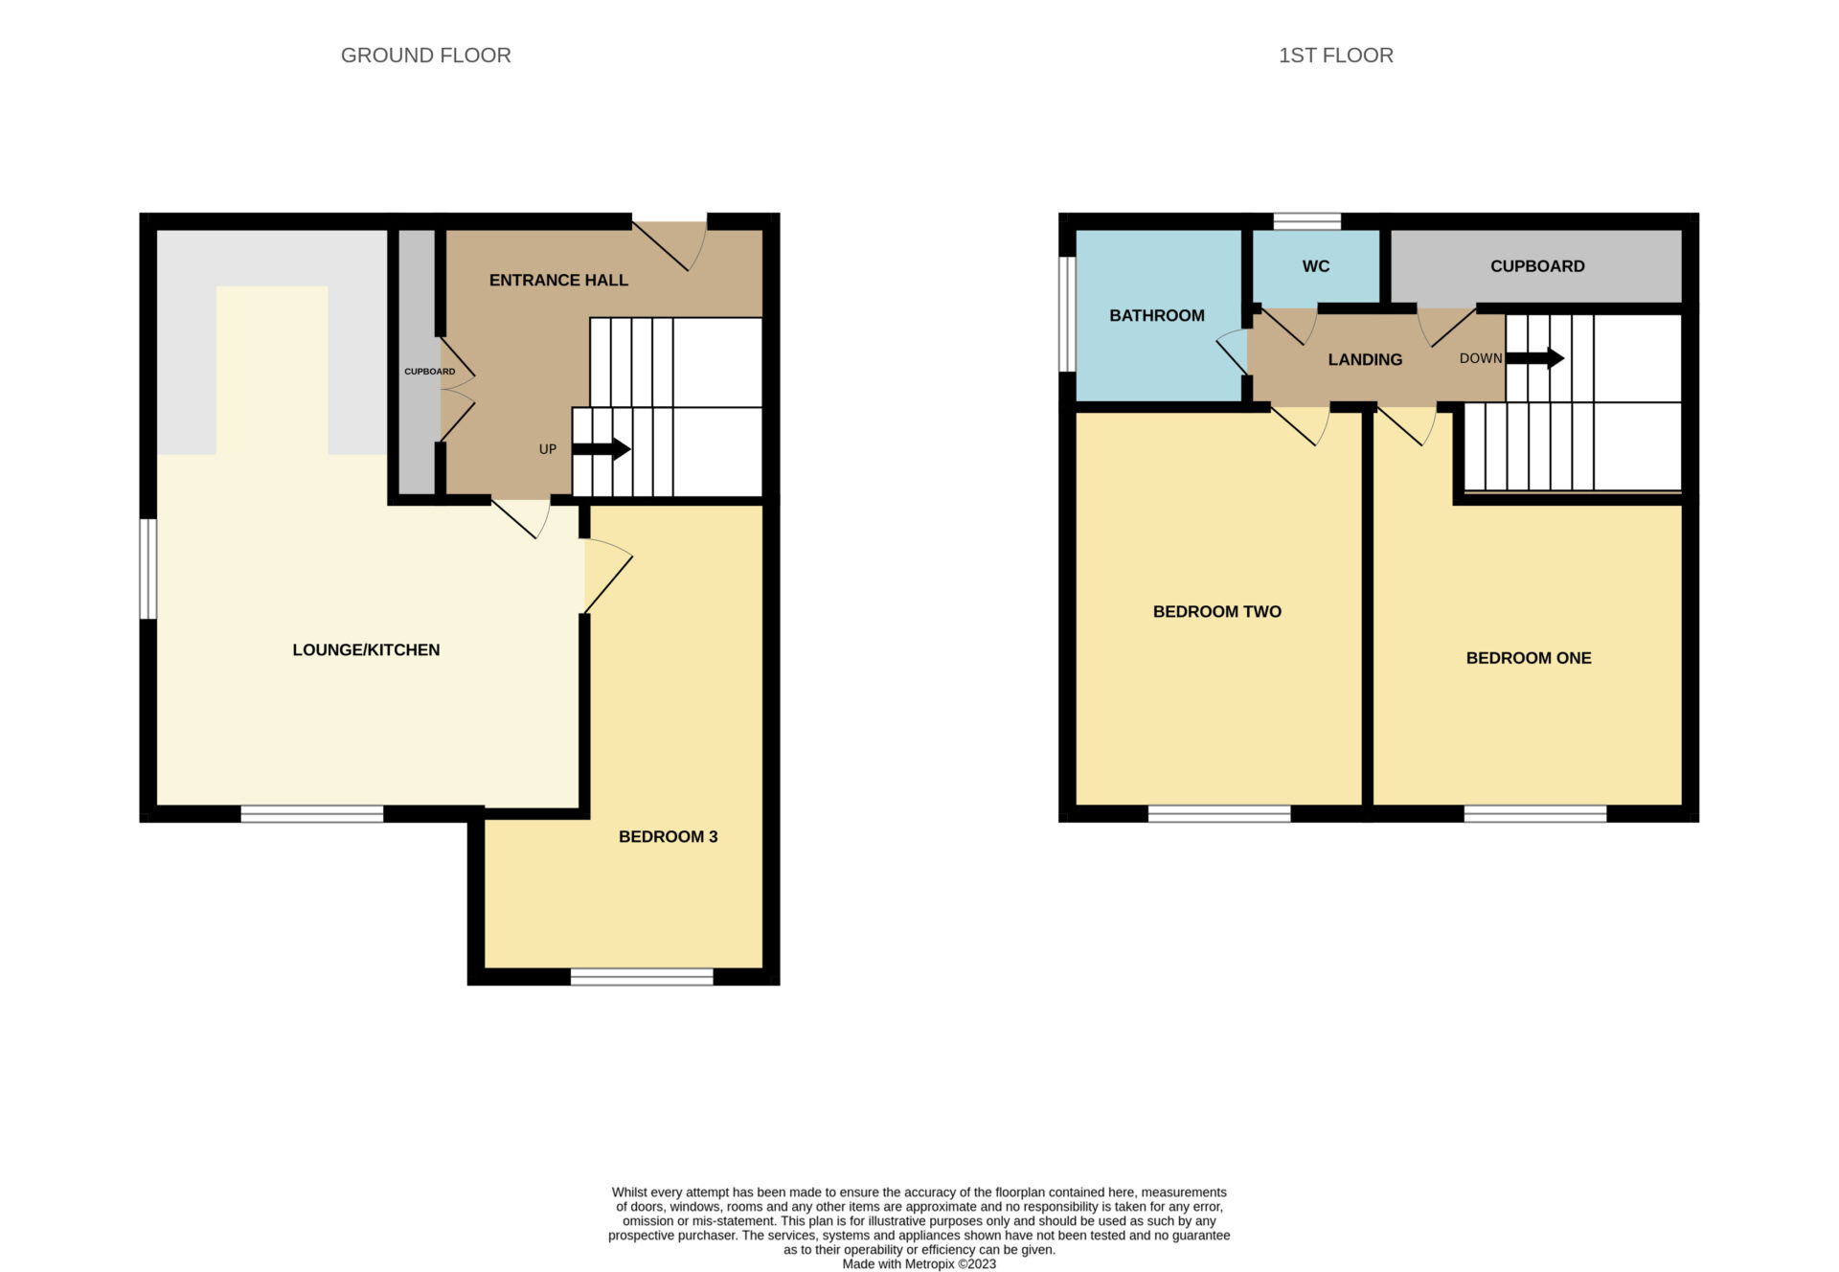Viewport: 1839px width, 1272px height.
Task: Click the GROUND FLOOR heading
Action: pos(426,56)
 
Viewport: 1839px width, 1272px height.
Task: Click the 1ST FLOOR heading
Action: pos(1336,56)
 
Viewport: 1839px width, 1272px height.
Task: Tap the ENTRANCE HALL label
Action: pos(558,280)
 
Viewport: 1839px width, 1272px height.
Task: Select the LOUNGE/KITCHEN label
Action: pos(366,649)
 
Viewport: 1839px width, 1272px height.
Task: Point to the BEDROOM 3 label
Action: pos(668,836)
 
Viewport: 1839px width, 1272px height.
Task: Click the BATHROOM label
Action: pos(1157,315)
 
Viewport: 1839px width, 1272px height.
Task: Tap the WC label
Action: pos(1316,266)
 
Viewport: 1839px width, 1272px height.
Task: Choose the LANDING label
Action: pos(1365,359)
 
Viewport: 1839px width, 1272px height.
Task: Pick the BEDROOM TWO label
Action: pos(1217,611)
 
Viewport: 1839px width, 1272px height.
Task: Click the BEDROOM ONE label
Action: pos(1529,658)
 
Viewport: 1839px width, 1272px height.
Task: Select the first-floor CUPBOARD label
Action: pos(1537,266)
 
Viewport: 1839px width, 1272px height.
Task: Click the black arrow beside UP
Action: pos(602,448)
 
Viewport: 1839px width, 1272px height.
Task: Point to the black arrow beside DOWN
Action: pos(1535,359)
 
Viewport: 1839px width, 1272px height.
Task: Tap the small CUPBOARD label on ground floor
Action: pos(429,372)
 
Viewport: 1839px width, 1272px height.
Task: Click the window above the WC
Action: pos(1307,221)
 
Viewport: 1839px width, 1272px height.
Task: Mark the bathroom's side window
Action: pos(1067,313)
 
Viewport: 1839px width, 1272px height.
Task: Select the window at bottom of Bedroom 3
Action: pos(642,976)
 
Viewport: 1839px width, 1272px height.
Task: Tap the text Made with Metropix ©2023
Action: pos(919,1264)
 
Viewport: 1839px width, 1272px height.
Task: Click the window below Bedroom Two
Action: pos(1219,814)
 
